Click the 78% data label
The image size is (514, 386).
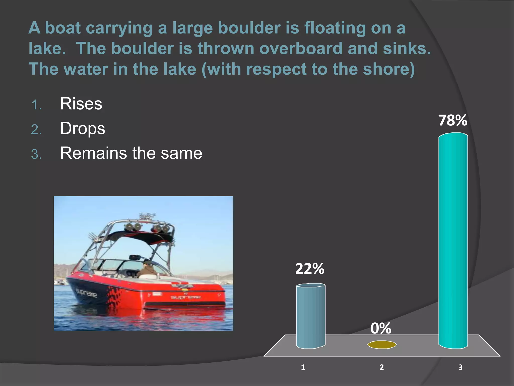(x=453, y=120)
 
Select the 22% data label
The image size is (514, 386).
(x=310, y=269)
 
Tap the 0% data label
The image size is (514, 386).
(x=381, y=328)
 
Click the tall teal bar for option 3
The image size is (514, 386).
(x=453, y=241)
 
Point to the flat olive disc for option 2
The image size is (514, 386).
(x=382, y=345)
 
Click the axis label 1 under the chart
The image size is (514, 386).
(x=303, y=367)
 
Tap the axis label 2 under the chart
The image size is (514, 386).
(x=381, y=367)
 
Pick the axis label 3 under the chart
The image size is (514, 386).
(x=460, y=367)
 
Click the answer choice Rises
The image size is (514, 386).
(x=81, y=104)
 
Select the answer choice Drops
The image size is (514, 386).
(x=82, y=128)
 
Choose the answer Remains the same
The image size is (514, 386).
(x=131, y=153)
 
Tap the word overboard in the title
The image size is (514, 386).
(x=301, y=48)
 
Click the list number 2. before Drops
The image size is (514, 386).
(x=36, y=130)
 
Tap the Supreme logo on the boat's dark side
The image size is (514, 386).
(x=86, y=293)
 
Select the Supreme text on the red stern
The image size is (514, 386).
(x=185, y=297)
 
